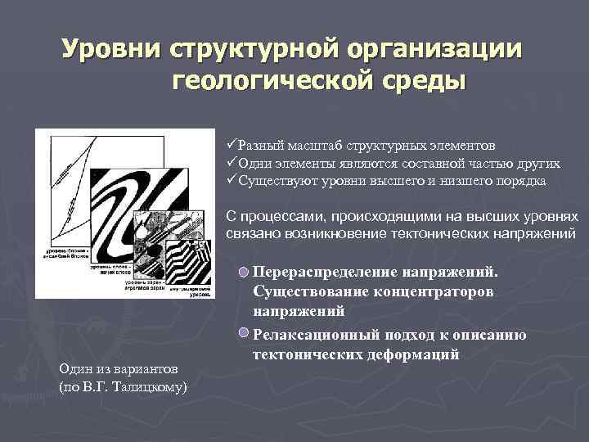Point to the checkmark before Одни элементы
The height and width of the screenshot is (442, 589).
[x=232, y=163]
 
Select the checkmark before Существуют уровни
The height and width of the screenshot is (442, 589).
[x=232, y=180]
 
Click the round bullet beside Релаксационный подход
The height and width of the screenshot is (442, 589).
[x=244, y=334]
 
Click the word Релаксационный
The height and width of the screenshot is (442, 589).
[x=314, y=335]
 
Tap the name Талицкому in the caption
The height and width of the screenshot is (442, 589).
[x=150, y=385]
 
